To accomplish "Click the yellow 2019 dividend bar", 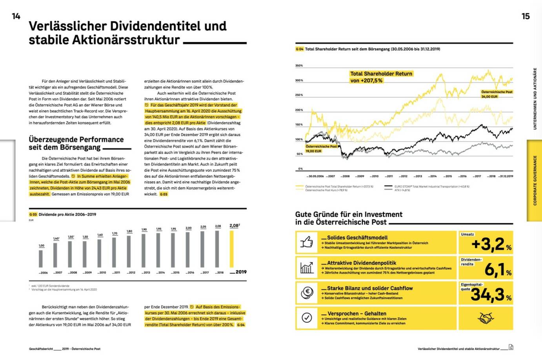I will coord(231,249).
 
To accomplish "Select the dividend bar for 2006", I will coord(41,258).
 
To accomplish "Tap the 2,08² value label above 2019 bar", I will coord(235,225).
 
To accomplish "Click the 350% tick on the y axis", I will coord(299,65).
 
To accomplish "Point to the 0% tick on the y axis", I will coord(300,169).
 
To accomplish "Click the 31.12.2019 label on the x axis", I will coord(506,176).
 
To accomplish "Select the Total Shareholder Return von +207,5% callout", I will coord(381,77).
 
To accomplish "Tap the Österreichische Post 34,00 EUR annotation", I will coord(497,94).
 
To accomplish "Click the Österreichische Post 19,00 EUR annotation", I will coord(321,149).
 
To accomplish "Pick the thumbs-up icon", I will coord(307,242).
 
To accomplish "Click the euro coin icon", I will coord(307,292).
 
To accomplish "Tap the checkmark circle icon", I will coord(307,318).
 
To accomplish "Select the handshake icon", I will coord(486,318).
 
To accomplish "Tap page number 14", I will coord(16,16).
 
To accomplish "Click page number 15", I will coord(526,16).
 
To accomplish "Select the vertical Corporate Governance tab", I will coord(534,180).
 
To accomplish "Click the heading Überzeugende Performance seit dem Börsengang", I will coord(76,143).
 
